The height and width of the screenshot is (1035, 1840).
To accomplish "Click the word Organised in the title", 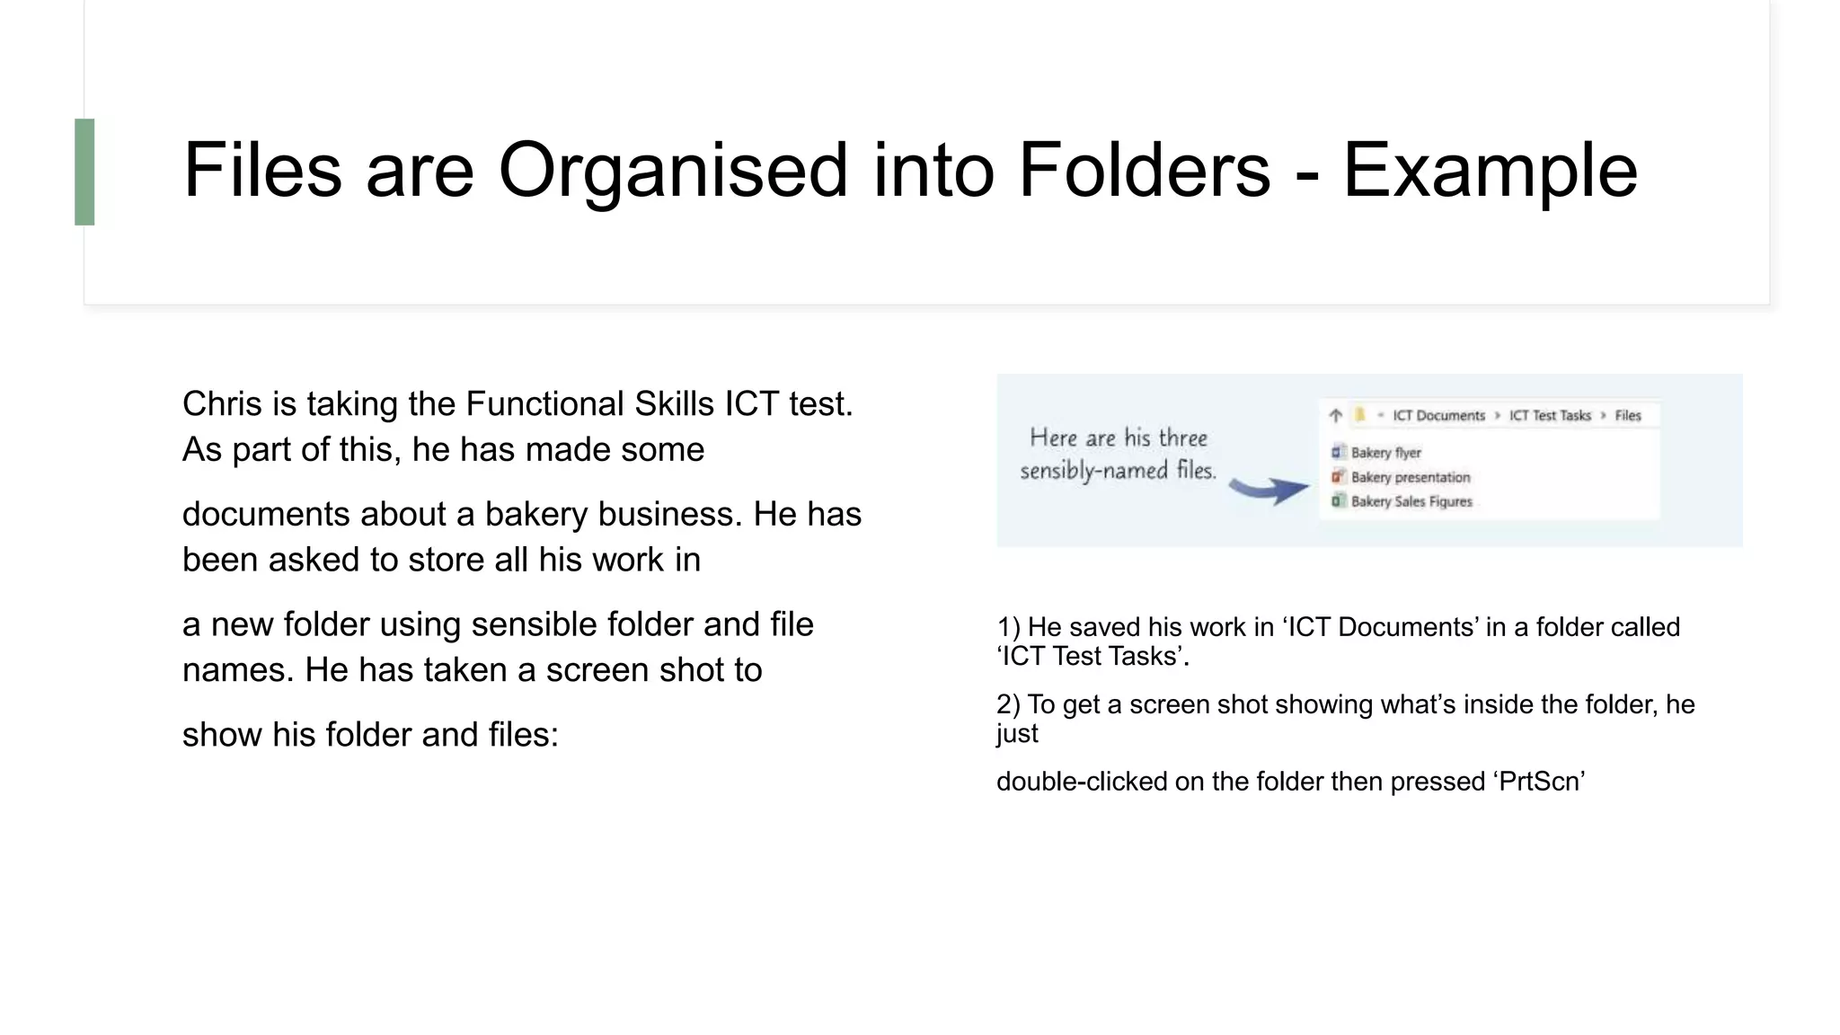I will pyautogui.click(x=673, y=170).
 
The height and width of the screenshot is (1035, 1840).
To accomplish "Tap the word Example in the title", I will pyautogui.click(x=1490, y=170).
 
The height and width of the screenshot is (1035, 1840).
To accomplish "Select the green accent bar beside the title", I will pyautogui.click(x=84, y=172).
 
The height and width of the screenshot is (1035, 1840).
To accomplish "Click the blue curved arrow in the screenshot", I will pyautogui.click(x=1268, y=489).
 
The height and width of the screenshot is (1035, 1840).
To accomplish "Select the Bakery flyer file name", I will pyautogui.click(x=1385, y=453).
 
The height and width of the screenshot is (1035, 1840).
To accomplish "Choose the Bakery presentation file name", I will pyautogui.click(x=1411, y=477).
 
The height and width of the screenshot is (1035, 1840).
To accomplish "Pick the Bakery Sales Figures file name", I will pyautogui.click(x=1411, y=501).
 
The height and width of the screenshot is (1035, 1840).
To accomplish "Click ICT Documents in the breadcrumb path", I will pyautogui.click(x=1438, y=415).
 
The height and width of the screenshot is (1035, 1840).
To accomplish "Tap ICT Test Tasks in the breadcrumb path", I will pyautogui.click(x=1550, y=415).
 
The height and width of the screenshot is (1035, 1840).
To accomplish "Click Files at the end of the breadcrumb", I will pyautogui.click(x=1628, y=415).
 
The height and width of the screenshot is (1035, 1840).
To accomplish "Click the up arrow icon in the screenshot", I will pyautogui.click(x=1336, y=415).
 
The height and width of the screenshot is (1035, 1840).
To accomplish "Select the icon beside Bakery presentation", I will pyautogui.click(x=1338, y=477).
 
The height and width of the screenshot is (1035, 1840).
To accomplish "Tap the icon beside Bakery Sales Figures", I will pyautogui.click(x=1338, y=501).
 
